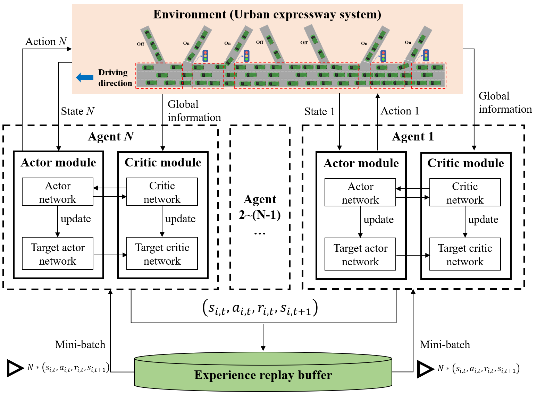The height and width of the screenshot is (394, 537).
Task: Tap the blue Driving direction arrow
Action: click(x=85, y=78)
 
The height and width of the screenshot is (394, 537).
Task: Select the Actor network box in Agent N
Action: click(x=58, y=192)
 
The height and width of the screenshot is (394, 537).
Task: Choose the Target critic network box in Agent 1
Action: click(x=465, y=255)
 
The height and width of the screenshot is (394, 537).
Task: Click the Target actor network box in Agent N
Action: click(x=58, y=254)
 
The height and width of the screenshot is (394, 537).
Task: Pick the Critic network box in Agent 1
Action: click(x=465, y=193)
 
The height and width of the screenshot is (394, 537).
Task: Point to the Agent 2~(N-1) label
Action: click(x=260, y=207)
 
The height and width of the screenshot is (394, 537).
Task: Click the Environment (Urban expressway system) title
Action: click(x=267, y=15)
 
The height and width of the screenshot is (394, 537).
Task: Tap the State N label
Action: click(x=77, y=111)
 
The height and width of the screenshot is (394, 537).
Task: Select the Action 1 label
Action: click(x=400, y=111)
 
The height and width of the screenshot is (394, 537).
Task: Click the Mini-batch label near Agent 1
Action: click(x=445, y=345)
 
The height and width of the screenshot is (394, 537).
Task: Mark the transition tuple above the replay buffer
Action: click(x=260, y=308)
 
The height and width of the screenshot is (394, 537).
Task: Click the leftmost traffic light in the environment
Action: click(x=205, y=55)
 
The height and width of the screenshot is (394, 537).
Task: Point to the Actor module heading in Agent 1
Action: click(x=361, y=163)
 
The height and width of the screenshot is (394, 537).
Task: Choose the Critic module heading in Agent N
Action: click(x=163, y=162)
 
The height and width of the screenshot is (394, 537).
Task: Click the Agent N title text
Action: click(x=111, y=136)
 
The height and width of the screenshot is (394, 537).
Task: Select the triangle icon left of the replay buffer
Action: click(x=15, y=368)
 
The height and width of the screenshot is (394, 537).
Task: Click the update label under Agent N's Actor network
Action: click(x=76, y=219)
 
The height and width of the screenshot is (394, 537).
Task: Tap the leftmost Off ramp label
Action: click(x=140, y=44)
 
